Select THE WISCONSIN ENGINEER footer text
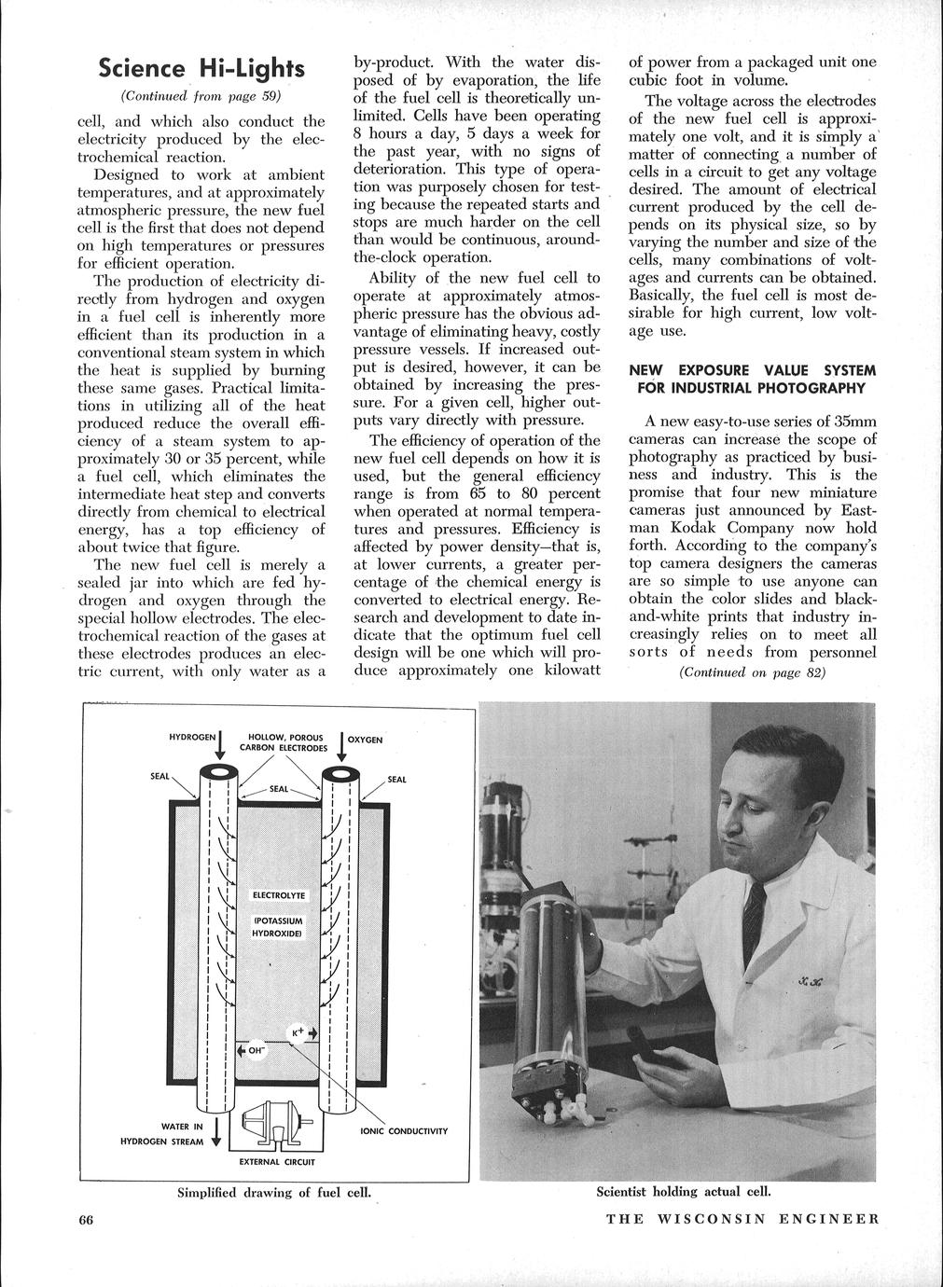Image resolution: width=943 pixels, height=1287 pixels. coord(742,1219)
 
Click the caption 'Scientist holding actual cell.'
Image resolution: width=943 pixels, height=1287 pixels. coord(684,1191)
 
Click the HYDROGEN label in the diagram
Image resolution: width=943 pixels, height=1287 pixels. coord(192,737)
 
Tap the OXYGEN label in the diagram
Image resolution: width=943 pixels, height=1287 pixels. coord(365,739)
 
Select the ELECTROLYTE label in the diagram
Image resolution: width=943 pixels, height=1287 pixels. coord(273,895)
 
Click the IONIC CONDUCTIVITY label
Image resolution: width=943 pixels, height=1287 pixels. coord(404,1131)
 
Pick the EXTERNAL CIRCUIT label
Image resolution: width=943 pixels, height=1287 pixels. coord(277,1162)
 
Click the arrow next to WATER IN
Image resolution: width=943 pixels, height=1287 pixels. coord(216,1130)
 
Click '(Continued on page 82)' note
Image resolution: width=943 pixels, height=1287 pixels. coord(752,672)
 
